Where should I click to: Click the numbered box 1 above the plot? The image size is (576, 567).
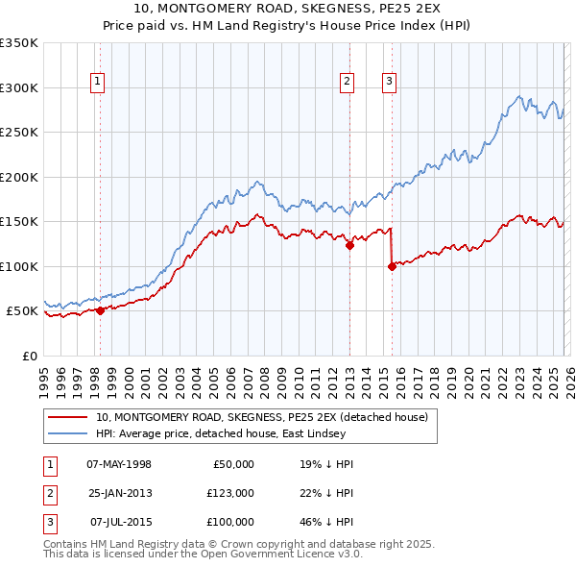[100, 83]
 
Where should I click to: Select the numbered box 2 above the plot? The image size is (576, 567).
[347, 83]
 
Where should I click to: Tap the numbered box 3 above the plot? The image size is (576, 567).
[389, 83]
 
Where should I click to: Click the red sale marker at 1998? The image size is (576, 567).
[100, 310]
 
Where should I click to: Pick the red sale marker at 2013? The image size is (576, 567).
[349, 245]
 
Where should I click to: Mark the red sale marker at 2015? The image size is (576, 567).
[392, 266]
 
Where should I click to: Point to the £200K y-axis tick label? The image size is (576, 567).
[19, 177]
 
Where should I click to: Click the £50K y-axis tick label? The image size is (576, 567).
[23, 311]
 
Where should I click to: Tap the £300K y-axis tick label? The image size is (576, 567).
[19, 87]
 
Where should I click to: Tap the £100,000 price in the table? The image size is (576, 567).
[230, 522]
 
